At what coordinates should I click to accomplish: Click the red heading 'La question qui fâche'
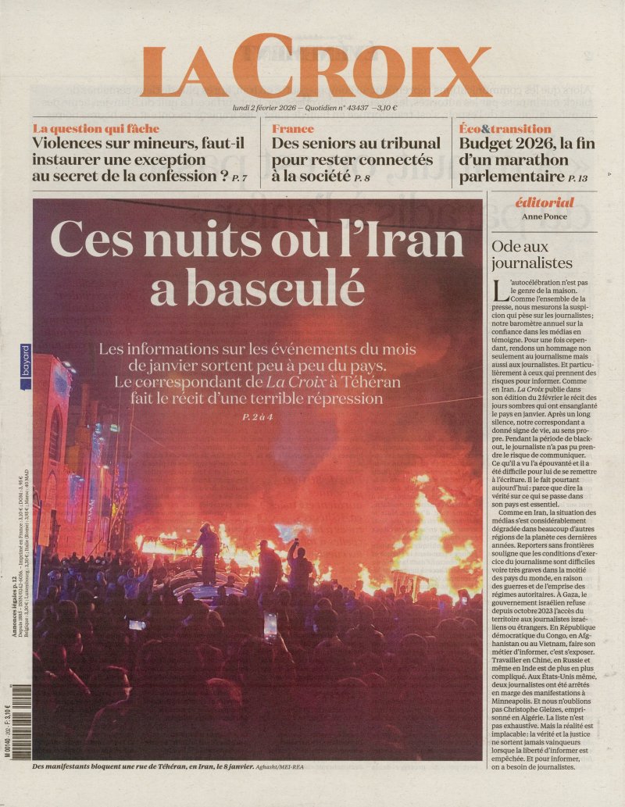pos(95,128)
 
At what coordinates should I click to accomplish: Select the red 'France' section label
pos(292,128)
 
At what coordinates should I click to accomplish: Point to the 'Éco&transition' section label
pos(505,128)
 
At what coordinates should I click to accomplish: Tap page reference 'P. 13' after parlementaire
pos(578,179)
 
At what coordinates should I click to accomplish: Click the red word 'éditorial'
pos(545,202)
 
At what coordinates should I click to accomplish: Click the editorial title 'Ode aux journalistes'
pos(531,254)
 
